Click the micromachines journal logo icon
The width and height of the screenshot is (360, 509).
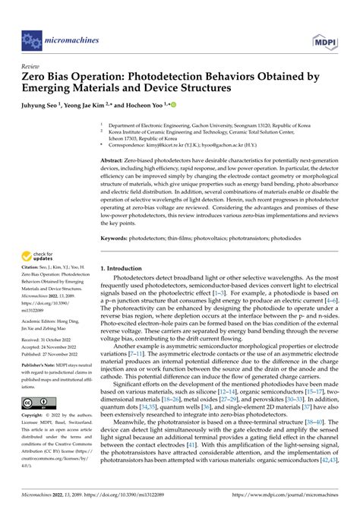click(32, 36)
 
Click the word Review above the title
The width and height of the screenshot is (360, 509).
click(30, 66)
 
